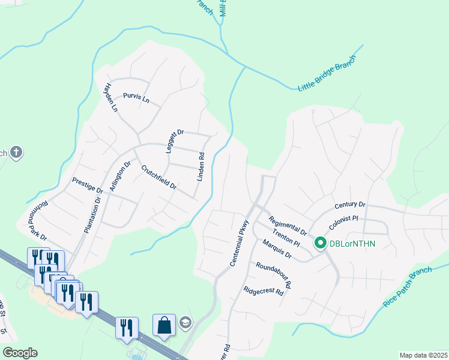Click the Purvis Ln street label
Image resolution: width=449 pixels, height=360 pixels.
pos(136,98)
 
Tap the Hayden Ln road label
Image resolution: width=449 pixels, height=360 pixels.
pos(111,98)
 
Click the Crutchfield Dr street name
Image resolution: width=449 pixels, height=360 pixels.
pos(158,178)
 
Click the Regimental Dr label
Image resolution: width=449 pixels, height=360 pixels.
pos(288,226)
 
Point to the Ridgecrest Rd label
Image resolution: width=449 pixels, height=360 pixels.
pos(263,291)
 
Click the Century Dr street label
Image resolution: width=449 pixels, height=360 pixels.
pos(351,205)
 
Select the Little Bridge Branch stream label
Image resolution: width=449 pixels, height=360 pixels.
pos(327,73)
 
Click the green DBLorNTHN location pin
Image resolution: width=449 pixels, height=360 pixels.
pos(320,243)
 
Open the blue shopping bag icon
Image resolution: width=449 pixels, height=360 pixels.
pos(164,325)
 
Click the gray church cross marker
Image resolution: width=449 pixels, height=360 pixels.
pos(16,152)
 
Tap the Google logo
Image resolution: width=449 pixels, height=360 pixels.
pos(20,353)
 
